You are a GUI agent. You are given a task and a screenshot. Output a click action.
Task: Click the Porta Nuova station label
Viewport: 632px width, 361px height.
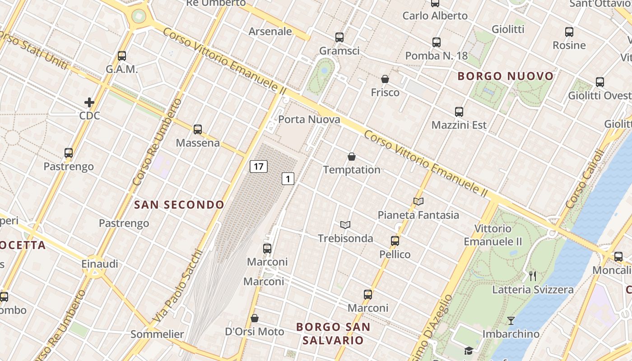point(309,120)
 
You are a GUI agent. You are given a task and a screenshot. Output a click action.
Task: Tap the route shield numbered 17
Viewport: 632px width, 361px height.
point(259,166)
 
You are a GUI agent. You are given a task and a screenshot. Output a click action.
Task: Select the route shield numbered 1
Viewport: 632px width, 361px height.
point(288,179)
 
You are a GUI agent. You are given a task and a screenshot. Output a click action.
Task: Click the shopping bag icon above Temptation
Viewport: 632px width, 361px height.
point(352,157)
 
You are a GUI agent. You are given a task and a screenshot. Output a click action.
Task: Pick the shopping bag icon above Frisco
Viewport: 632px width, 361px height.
point(385,79)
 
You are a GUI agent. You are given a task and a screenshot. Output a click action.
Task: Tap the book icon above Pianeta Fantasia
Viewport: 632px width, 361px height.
point(418,201)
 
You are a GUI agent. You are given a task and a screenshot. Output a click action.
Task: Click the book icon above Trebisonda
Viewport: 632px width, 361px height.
point(345,225)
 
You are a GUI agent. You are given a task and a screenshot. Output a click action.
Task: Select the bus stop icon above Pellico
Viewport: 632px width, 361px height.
point(395,241)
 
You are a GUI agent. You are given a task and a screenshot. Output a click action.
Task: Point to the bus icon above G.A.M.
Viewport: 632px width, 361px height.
point(122,56)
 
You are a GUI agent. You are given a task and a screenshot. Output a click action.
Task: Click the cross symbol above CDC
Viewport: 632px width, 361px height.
point(89,102)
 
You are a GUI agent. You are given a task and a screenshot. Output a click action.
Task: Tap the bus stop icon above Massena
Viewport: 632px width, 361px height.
point(198,130)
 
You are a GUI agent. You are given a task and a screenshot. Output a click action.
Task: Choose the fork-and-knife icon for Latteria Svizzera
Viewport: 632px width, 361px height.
point(533,276)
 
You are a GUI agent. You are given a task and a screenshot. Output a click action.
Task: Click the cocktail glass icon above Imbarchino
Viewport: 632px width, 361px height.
point(511,321)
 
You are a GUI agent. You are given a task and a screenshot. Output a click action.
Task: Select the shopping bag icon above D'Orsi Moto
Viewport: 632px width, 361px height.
point(255,318)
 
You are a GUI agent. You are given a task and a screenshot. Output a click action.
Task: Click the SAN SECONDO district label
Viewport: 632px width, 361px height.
point(179,205)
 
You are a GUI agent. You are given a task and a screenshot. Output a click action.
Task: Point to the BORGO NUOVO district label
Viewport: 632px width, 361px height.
point(506,76)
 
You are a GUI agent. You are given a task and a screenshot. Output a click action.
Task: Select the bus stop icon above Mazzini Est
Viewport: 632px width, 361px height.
point(459,111)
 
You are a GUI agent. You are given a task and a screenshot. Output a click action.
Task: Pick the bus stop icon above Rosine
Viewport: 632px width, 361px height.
point(569,32)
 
